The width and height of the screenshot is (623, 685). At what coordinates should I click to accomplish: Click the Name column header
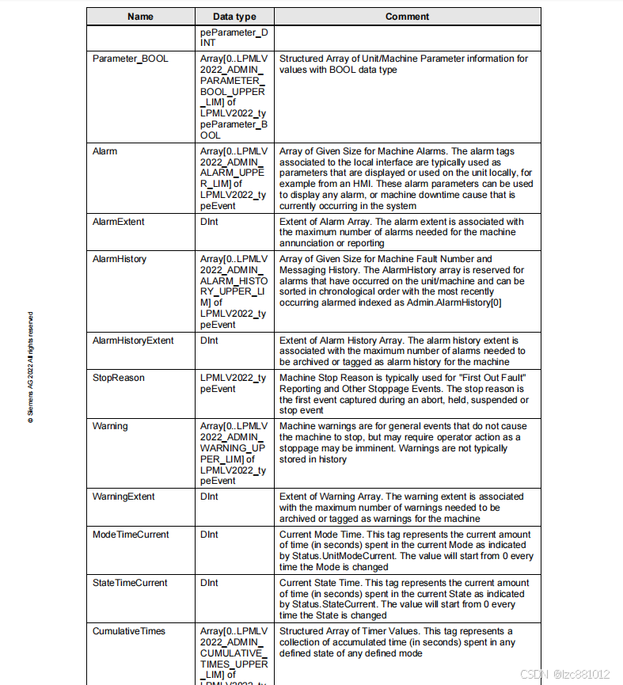(140, 17)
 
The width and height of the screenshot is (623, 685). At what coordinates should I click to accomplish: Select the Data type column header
(234, 17)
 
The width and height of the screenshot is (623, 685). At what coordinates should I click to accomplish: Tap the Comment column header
(407, 17)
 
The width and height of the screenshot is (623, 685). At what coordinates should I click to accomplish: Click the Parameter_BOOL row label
(130, 59)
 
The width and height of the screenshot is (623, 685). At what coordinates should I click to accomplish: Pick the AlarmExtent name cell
(118, 222)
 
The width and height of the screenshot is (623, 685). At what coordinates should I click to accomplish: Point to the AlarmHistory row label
(120, 259)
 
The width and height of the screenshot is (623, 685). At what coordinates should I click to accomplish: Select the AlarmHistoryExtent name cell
(133, 341)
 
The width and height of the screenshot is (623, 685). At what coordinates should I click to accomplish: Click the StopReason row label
(119, 378)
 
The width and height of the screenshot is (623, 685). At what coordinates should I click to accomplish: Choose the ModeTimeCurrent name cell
(130, 535)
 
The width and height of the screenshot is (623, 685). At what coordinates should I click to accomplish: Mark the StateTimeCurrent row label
(130, 583)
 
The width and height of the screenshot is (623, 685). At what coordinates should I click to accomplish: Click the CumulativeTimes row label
(129, 631)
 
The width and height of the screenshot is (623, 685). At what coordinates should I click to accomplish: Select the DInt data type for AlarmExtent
(209, 222)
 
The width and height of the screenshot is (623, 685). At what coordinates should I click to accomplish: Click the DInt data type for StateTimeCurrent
(209, 583)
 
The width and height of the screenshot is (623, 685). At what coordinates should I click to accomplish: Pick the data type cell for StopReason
(234, 383)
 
